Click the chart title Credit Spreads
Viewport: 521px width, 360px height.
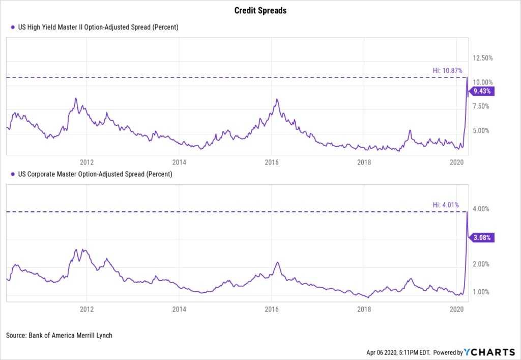(x=260, y=11)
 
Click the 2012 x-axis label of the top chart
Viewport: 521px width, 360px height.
(x=87, y=162)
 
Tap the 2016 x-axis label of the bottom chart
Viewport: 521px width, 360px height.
(x=272, y=309)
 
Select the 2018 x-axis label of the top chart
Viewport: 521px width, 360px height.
(x=364, y=162)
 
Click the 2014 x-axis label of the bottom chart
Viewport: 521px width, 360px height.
(x=179, y=309)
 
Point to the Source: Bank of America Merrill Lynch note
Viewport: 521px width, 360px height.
(x=59, y=336)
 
